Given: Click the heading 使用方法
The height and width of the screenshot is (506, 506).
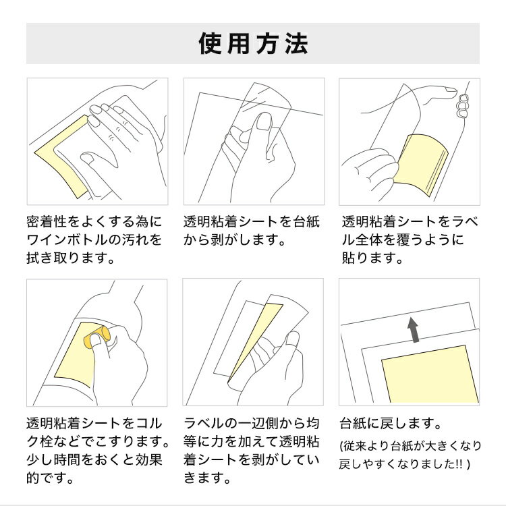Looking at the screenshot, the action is point(253,44).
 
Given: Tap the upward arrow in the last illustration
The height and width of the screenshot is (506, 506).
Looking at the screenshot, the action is point(413,329).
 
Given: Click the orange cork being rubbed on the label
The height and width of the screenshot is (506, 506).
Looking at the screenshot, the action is point(97,337).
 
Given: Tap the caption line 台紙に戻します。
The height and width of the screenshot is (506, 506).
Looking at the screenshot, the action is point(391,424).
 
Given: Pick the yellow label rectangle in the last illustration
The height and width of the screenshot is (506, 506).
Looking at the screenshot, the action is point(430,374).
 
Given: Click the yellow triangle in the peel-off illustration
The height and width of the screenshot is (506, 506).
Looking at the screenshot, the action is point(255,342).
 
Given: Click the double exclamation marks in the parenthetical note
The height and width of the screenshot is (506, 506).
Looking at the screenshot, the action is point(458,464).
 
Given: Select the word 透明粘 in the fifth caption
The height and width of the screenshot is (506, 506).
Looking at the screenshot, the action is point(300,441).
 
